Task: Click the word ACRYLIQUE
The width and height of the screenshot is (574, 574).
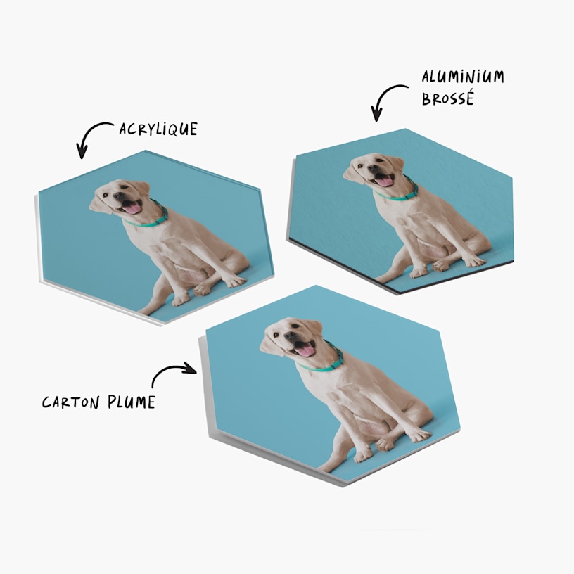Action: [158, 129]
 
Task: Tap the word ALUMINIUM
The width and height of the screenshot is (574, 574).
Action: [463, 77]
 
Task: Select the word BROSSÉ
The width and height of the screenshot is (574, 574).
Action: [448, 98]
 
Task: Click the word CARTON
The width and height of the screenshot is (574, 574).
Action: [72, 402]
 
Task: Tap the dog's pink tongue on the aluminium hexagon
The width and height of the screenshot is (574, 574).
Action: [384, 181]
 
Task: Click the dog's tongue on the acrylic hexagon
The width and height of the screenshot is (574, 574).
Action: [132, 208]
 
